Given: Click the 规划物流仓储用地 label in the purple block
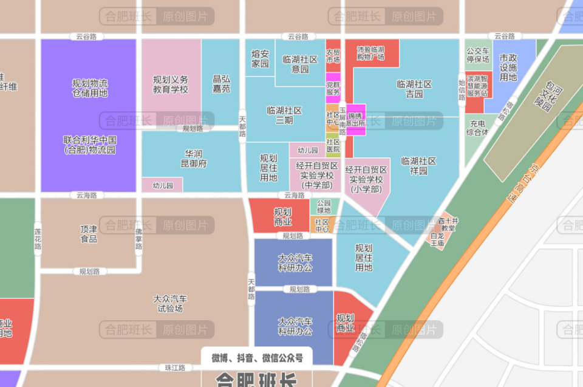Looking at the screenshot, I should (x=89, y=88).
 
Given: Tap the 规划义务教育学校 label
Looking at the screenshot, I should (x=170, y=84).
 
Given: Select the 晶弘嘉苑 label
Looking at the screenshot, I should (x=221, y=84).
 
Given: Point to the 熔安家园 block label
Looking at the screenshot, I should (x=260, y=59).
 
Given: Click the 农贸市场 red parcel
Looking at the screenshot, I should (x=333, y=56).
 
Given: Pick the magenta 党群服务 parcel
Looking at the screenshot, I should (x=333, y=88).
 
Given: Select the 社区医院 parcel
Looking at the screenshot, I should (x=333, y=145).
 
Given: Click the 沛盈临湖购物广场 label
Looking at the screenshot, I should (x=371, y=53).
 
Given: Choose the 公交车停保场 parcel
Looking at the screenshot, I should (x=478, y=55).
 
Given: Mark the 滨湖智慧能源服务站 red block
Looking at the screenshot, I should (x=478, y=86).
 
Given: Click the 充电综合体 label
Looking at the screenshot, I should (x=477, y=128).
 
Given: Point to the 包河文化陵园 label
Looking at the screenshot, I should (x=542, y=94).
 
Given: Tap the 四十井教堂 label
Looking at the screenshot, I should (x=448, y=224).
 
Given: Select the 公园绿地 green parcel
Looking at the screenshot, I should (x=324, y=207).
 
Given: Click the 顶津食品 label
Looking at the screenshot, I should (x=89, y=234).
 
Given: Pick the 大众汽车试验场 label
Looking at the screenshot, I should (x=170, y=303).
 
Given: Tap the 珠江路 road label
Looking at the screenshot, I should (x=175, y=368).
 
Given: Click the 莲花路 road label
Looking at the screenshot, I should (x=38, y=239).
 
